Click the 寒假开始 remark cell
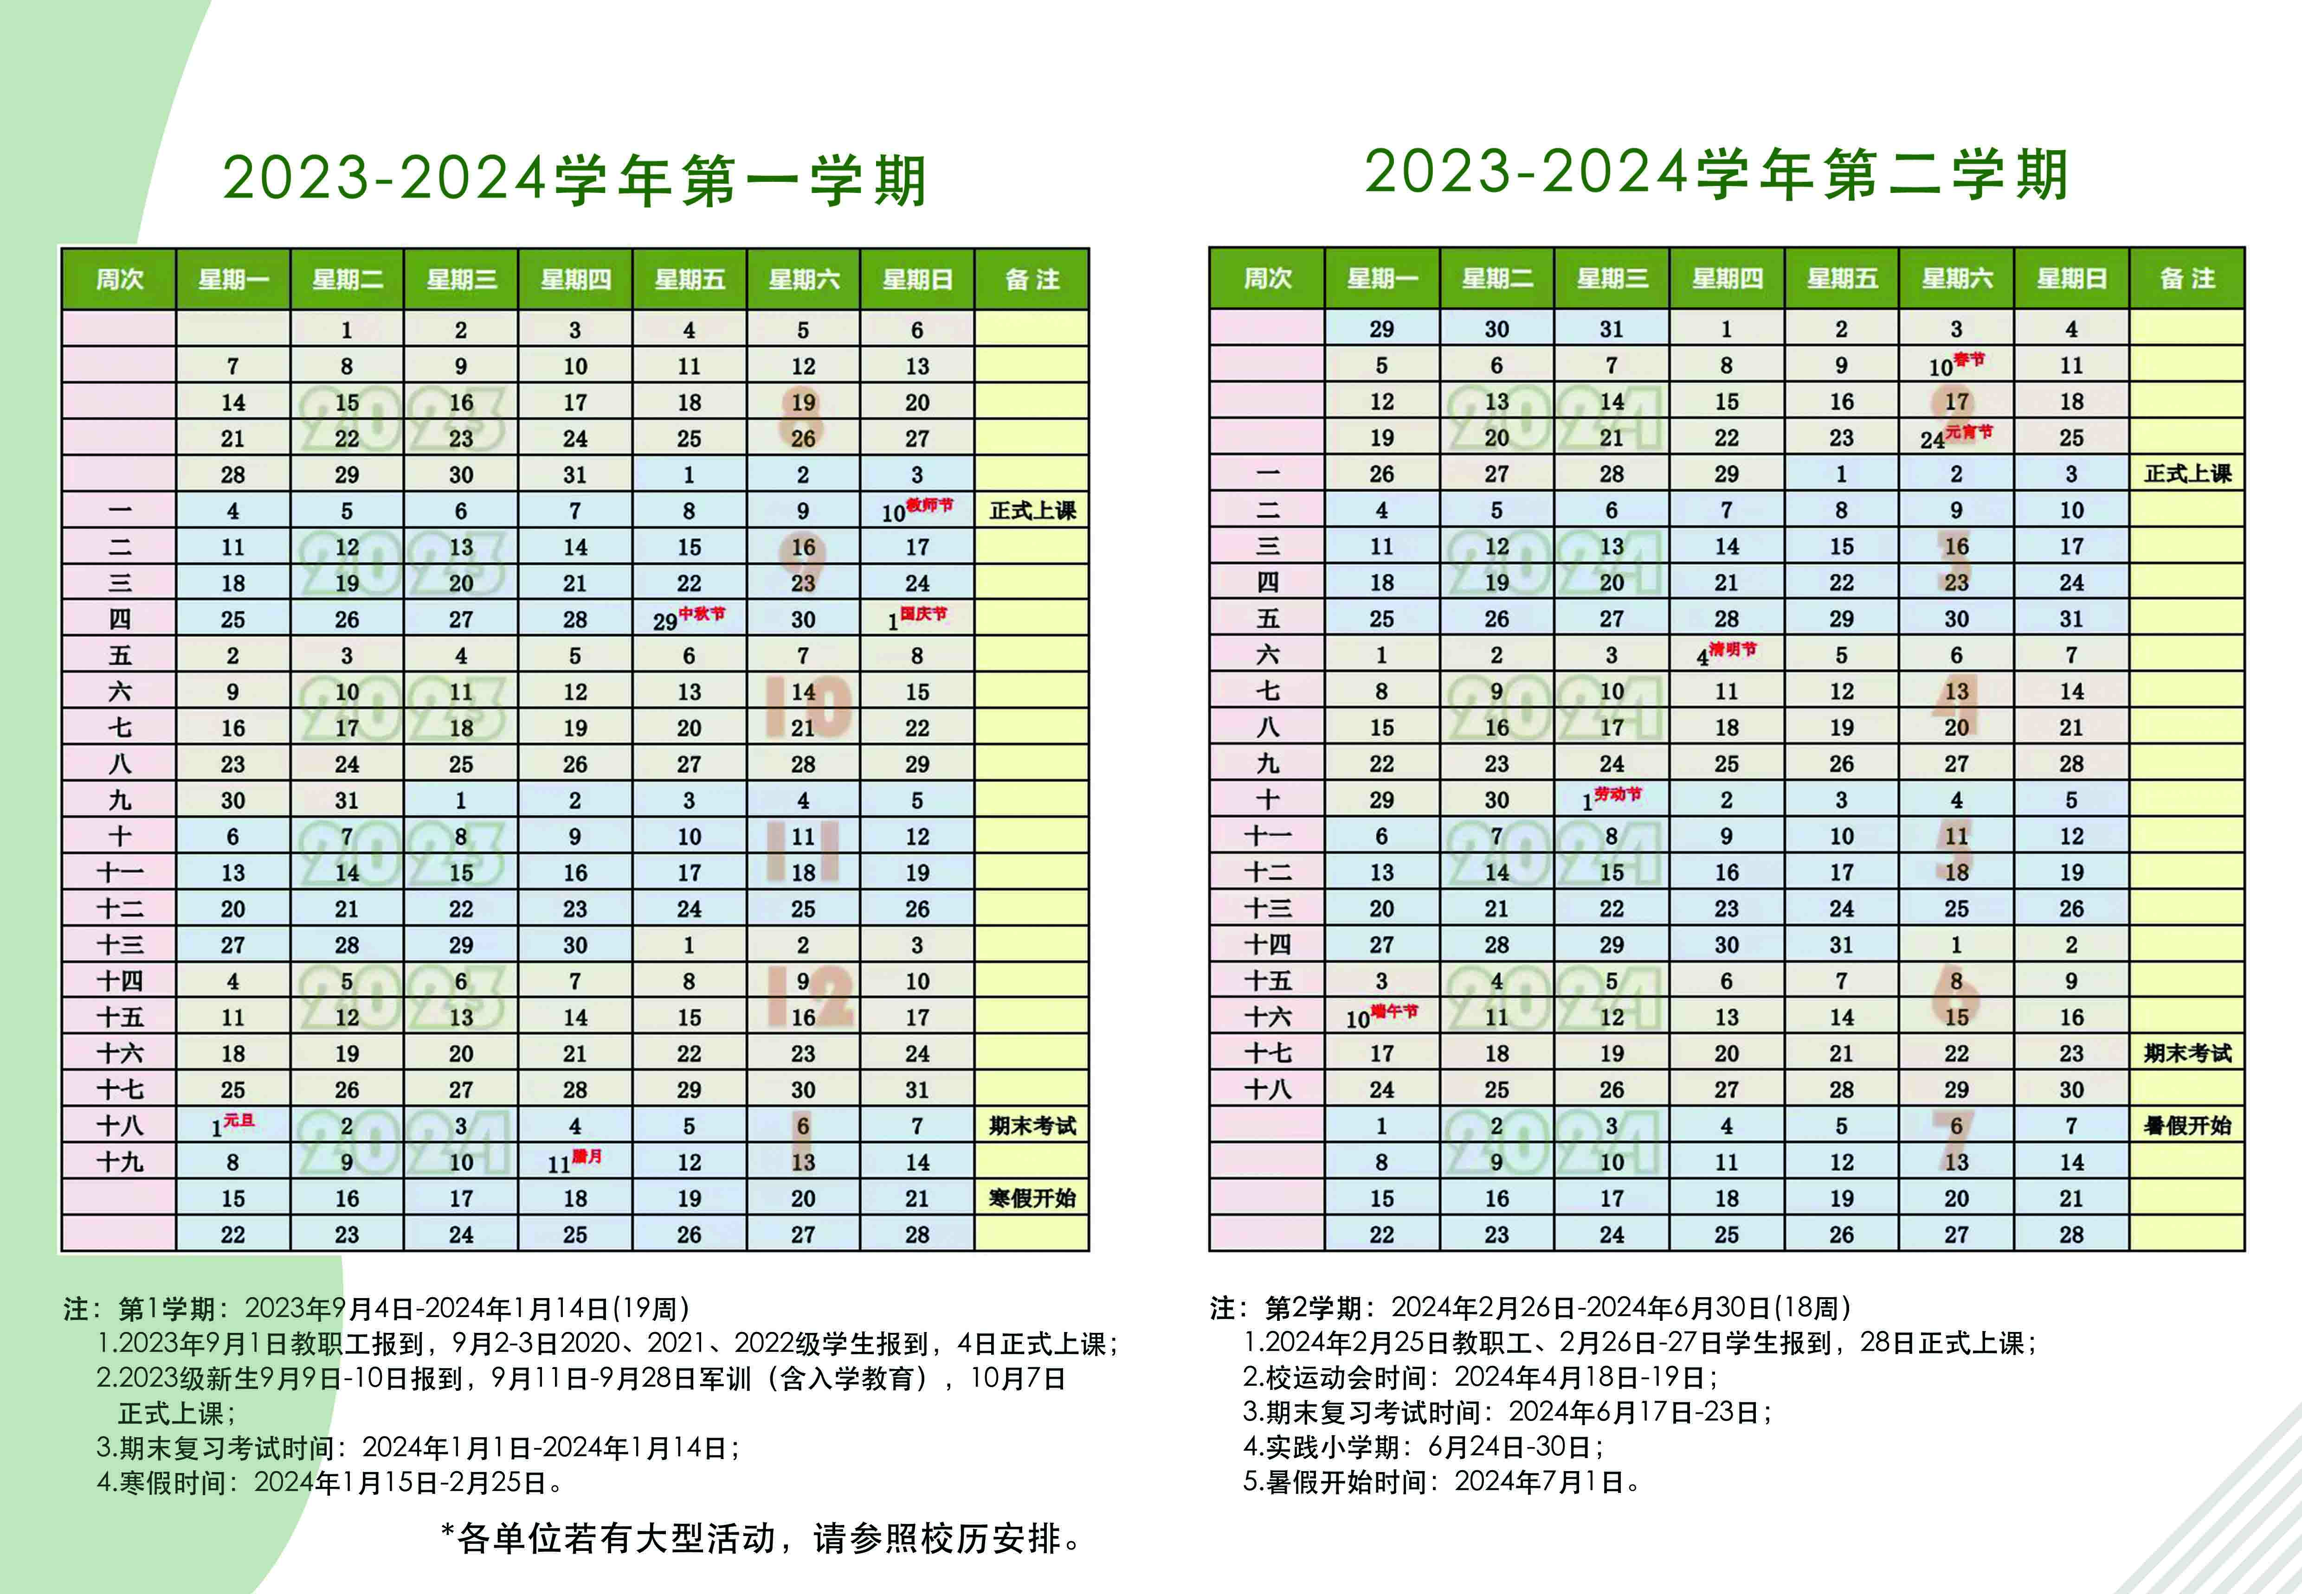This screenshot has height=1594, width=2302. coord(1032,1197)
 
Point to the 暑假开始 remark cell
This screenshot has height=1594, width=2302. coord(2187,1126)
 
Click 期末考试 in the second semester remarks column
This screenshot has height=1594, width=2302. coord(2187,1053)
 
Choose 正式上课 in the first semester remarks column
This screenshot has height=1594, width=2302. coord(1032,510)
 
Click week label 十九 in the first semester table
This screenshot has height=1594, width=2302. coord(120,1162)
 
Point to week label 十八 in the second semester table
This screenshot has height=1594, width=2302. coord(1267,1088)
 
